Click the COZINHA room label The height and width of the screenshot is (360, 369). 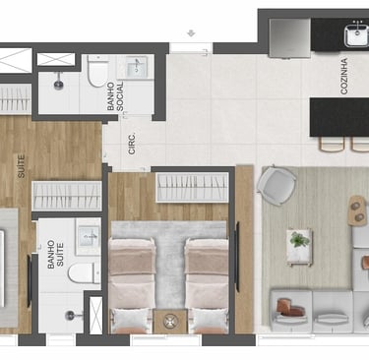coord(343,77)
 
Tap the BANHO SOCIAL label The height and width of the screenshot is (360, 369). coord(115,95)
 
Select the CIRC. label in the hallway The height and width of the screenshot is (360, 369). coord(132,144)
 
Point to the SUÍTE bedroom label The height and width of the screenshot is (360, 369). coord(21,166)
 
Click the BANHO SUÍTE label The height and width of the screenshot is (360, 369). coord(55,255)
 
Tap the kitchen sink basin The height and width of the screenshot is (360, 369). coord(357,33)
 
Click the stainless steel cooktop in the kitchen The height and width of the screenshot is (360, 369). coord(289,37)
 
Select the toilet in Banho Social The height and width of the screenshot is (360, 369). coord(97,72)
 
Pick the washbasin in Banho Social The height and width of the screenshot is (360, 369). coord(138,67)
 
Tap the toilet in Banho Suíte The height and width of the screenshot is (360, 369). coord(84,272)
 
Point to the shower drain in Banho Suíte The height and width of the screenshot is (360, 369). coord(70,316)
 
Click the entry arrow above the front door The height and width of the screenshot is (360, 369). coord(191,33)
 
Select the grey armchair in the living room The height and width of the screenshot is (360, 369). coord(276,185)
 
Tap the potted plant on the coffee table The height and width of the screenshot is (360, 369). coord(299,239)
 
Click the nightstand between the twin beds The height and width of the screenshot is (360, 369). coord(170,321)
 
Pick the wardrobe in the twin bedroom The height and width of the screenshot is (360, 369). coord(192,187)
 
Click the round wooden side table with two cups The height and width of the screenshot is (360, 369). coord(357,210)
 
